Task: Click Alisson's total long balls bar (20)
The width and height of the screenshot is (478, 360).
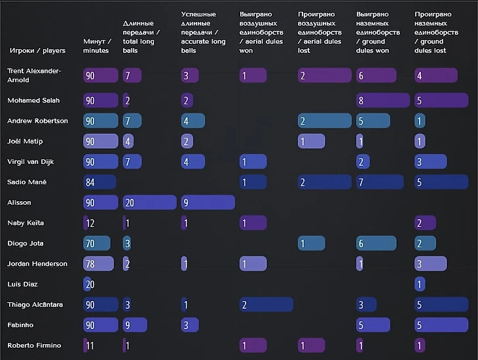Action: click(x=149, y=203)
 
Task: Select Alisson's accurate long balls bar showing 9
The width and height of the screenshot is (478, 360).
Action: click(x=208, y=203)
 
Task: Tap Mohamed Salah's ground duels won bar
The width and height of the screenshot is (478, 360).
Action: click(x=383, y=100)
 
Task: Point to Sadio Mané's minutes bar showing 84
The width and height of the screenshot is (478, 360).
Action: click(x=100, y=182)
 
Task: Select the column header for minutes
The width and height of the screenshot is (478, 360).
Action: click(x=97, y=46)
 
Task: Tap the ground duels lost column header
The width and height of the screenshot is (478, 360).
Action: click(x=436, y=31)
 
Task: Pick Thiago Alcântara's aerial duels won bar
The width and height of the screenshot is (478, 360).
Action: click(x=266, y=305)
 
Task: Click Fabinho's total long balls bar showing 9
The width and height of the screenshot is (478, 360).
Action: click(x=135, y=325)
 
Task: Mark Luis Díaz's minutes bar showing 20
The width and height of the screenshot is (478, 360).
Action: click(x=90, y=285)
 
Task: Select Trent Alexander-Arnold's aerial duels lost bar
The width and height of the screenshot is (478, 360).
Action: click(x=325, y=75)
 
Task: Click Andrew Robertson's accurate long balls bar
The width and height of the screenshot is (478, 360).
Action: click(x=193, y=121)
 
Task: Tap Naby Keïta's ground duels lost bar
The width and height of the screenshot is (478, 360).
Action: click(x=425, y=223)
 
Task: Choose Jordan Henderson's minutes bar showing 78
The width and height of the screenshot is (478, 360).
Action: click(x=99, y=264)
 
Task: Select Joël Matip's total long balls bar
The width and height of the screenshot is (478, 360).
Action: click(x=128, y=141)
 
